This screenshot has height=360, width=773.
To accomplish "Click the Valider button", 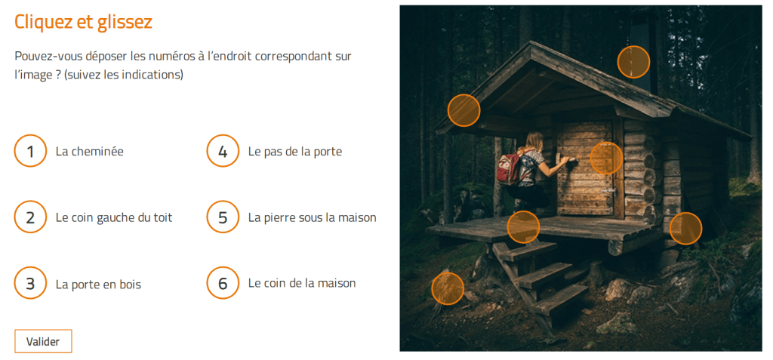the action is pos(43,341).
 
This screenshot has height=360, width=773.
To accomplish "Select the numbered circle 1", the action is pos(30,151).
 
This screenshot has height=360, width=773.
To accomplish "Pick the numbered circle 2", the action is pos(30,217).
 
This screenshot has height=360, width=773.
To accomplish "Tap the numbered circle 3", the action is pos(30,283).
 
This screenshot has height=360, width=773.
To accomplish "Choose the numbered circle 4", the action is pos(223,151).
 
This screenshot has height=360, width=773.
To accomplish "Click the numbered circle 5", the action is pos(223,217).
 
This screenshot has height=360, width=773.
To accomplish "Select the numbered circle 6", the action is pos(223,283).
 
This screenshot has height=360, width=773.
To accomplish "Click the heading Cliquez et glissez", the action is pos(83,22).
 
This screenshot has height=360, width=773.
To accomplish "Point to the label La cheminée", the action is pos(90,152).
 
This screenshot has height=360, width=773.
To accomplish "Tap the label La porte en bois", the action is pos(99,285).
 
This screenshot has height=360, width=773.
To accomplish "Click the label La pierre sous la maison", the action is pos(313,217).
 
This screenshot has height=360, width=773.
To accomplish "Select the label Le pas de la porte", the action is pos(295,152).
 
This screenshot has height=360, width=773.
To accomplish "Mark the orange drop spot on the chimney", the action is pos(633,62).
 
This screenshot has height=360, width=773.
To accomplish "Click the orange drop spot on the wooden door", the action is pos(606,158).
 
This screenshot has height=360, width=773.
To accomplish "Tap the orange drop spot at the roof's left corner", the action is pos(464,110).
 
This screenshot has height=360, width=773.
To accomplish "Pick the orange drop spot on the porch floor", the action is pos(524,227).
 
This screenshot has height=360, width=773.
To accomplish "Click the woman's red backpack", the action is pos(510,168).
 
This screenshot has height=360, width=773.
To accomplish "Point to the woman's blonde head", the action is pos(534,142).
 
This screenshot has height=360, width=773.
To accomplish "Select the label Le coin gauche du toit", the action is pos(115,217).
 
